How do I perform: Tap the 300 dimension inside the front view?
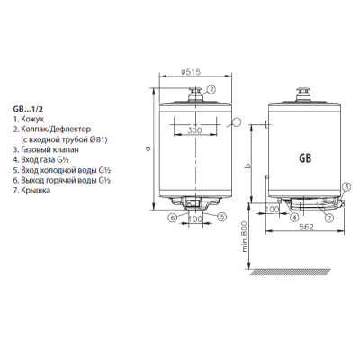194,130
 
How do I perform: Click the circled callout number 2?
211,89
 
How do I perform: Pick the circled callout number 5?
220,217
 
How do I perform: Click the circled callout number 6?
172,217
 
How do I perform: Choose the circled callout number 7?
329,217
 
